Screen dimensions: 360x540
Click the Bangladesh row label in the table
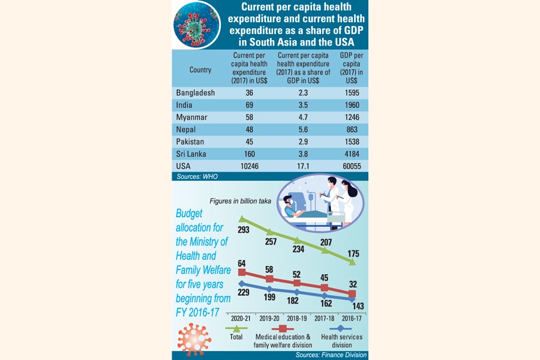(x=196, y=93)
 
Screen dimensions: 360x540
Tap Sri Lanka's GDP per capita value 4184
(x=347, y=154)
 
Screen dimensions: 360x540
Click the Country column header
(x=200, y=70)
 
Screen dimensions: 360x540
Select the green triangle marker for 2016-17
(x=352, y=262)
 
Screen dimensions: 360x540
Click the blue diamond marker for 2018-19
(x=297, y=291)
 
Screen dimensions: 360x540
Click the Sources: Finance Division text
(x=331, y=355)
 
